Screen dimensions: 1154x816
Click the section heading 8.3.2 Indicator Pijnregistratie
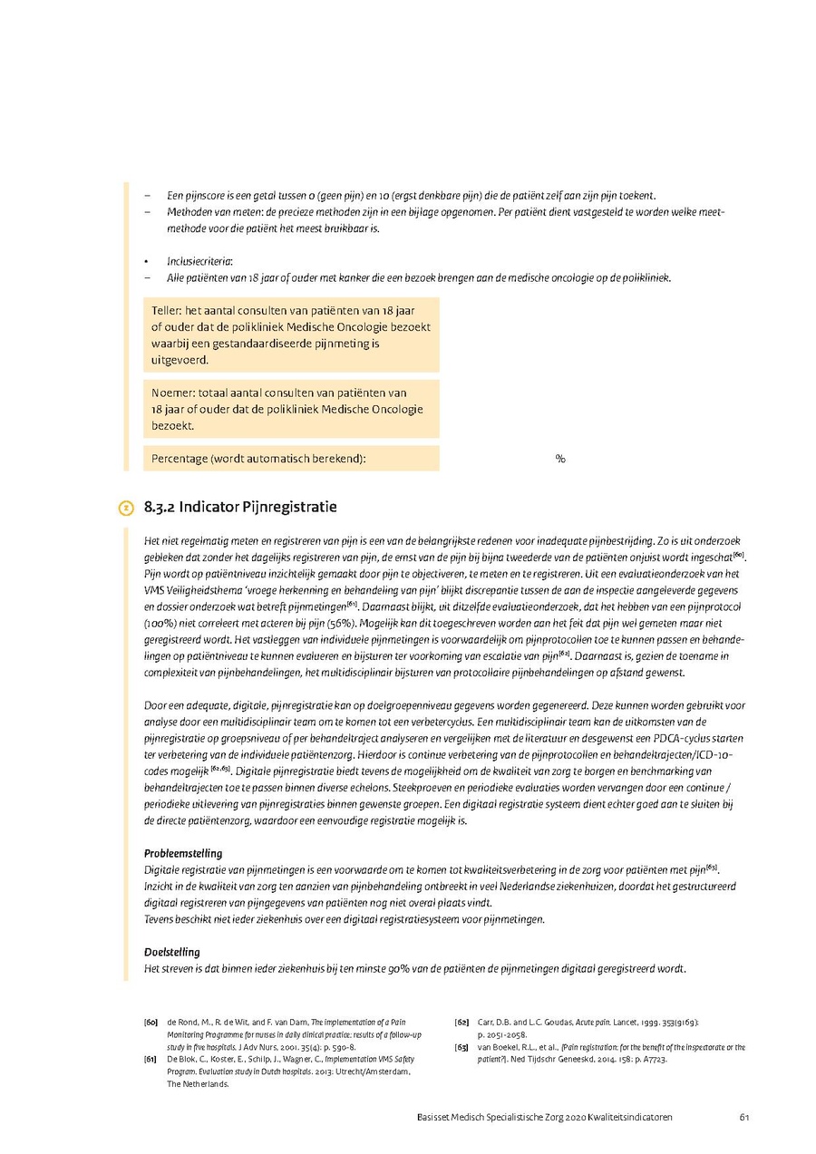[240, 506]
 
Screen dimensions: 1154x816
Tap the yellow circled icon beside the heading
[126, 508]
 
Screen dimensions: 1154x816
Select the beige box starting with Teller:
[291, 335]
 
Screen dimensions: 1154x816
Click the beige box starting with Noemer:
[291, 409]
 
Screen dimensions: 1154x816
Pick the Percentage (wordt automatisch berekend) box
[291, 459]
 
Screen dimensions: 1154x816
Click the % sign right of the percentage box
[560, 459]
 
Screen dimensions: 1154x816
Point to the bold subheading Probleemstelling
[183, 853]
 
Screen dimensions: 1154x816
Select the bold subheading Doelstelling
[172, 952]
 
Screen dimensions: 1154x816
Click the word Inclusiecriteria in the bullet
[199, 261]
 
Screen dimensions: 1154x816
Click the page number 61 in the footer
[743, 1117]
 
